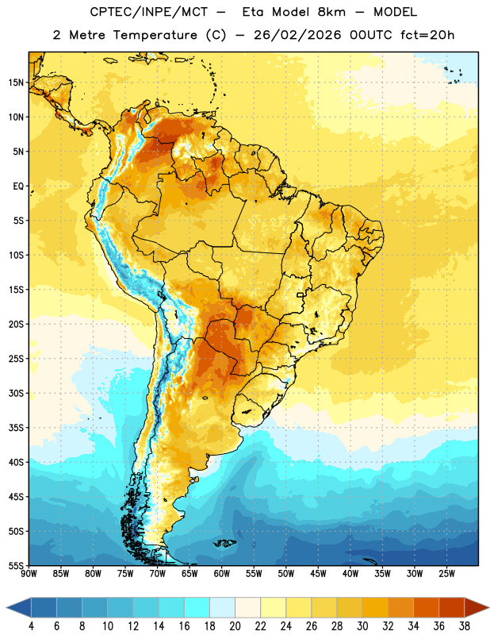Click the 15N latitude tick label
click(x=16, y=83)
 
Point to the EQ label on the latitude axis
click(x=18, y=187)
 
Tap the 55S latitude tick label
click(x=16, y=565)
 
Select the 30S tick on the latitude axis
click(x=16, y=393)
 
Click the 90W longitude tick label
click(x=29, y=573)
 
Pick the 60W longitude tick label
click(x=222, y=573)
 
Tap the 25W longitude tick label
click(x=446, y=573)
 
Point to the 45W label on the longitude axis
click(x=318, y=573)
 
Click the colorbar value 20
click(x=235, y=626)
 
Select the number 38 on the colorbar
click(x=465, y=626)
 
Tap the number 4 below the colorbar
click(x=31, y=626)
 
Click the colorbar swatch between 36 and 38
click(x=452, y=607)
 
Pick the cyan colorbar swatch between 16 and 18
click(x=197, y=607)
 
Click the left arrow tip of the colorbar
click(x=6, y=607)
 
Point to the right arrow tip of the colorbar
click(x=488, y=607)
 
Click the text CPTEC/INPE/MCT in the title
click(x=148, y=12)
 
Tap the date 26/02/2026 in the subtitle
click(x=297, y=35)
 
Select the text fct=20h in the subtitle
click(x=427, y=35)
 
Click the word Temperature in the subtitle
click(x=155, y=35)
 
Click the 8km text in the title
click(x=331, y=12)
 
